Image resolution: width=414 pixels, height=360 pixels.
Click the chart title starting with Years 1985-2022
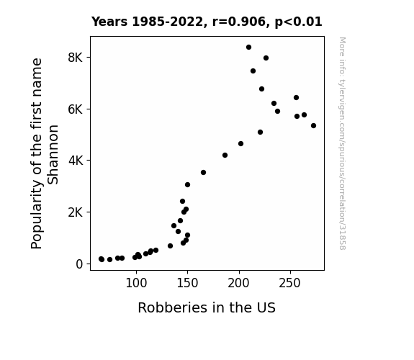pyautogui.click(x=207, y=22)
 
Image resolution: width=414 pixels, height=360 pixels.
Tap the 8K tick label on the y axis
pyautogui.click(x=76, y=58)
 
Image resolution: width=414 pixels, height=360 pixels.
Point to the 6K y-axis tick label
pyautogui.click(x=76, y=109)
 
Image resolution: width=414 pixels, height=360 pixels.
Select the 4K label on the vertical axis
pyautogui.click(x=76, y=161)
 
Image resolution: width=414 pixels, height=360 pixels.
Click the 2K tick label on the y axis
pyautogui.click(x=76, y=212)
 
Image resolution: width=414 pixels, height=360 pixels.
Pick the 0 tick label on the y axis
pyautogui.click(x=79, y=264)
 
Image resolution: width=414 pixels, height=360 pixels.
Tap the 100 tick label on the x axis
pyautogui.click(x=136, y=283)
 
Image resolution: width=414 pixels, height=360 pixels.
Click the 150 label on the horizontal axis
pyautogui.click(x=187, y=283)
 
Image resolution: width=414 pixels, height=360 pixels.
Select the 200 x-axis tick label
pyautogui.click(x=239, y=283)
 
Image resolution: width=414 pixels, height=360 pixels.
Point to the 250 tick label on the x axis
pyautogui.click(x=290, y=283)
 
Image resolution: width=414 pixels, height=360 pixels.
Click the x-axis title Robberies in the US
pyautogui.click(x=207, y=307)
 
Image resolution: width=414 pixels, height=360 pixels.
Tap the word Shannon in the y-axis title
pyautogui.click(x=53, y=155)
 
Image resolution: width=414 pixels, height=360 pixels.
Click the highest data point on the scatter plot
pyautogui.click(x=248, y=48)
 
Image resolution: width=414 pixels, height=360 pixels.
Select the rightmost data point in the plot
pyautogui.click(x=313, y=126)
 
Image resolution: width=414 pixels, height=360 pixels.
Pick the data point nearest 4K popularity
pyautogui.click(x=225, y=156)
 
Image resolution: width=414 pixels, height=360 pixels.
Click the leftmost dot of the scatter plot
pyautogui.click(x=101, y=259)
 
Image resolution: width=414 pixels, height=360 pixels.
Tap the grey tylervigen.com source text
pyautogui.click(x=342, y=143)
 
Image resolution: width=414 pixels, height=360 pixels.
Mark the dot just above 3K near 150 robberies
pyautogui.click(x=187, y=185)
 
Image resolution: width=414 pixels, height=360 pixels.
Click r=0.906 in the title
pyautogui.click(x=239, y=22)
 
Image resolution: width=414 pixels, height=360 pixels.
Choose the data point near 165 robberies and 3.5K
pyautogui.click(x=203, y=173)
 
